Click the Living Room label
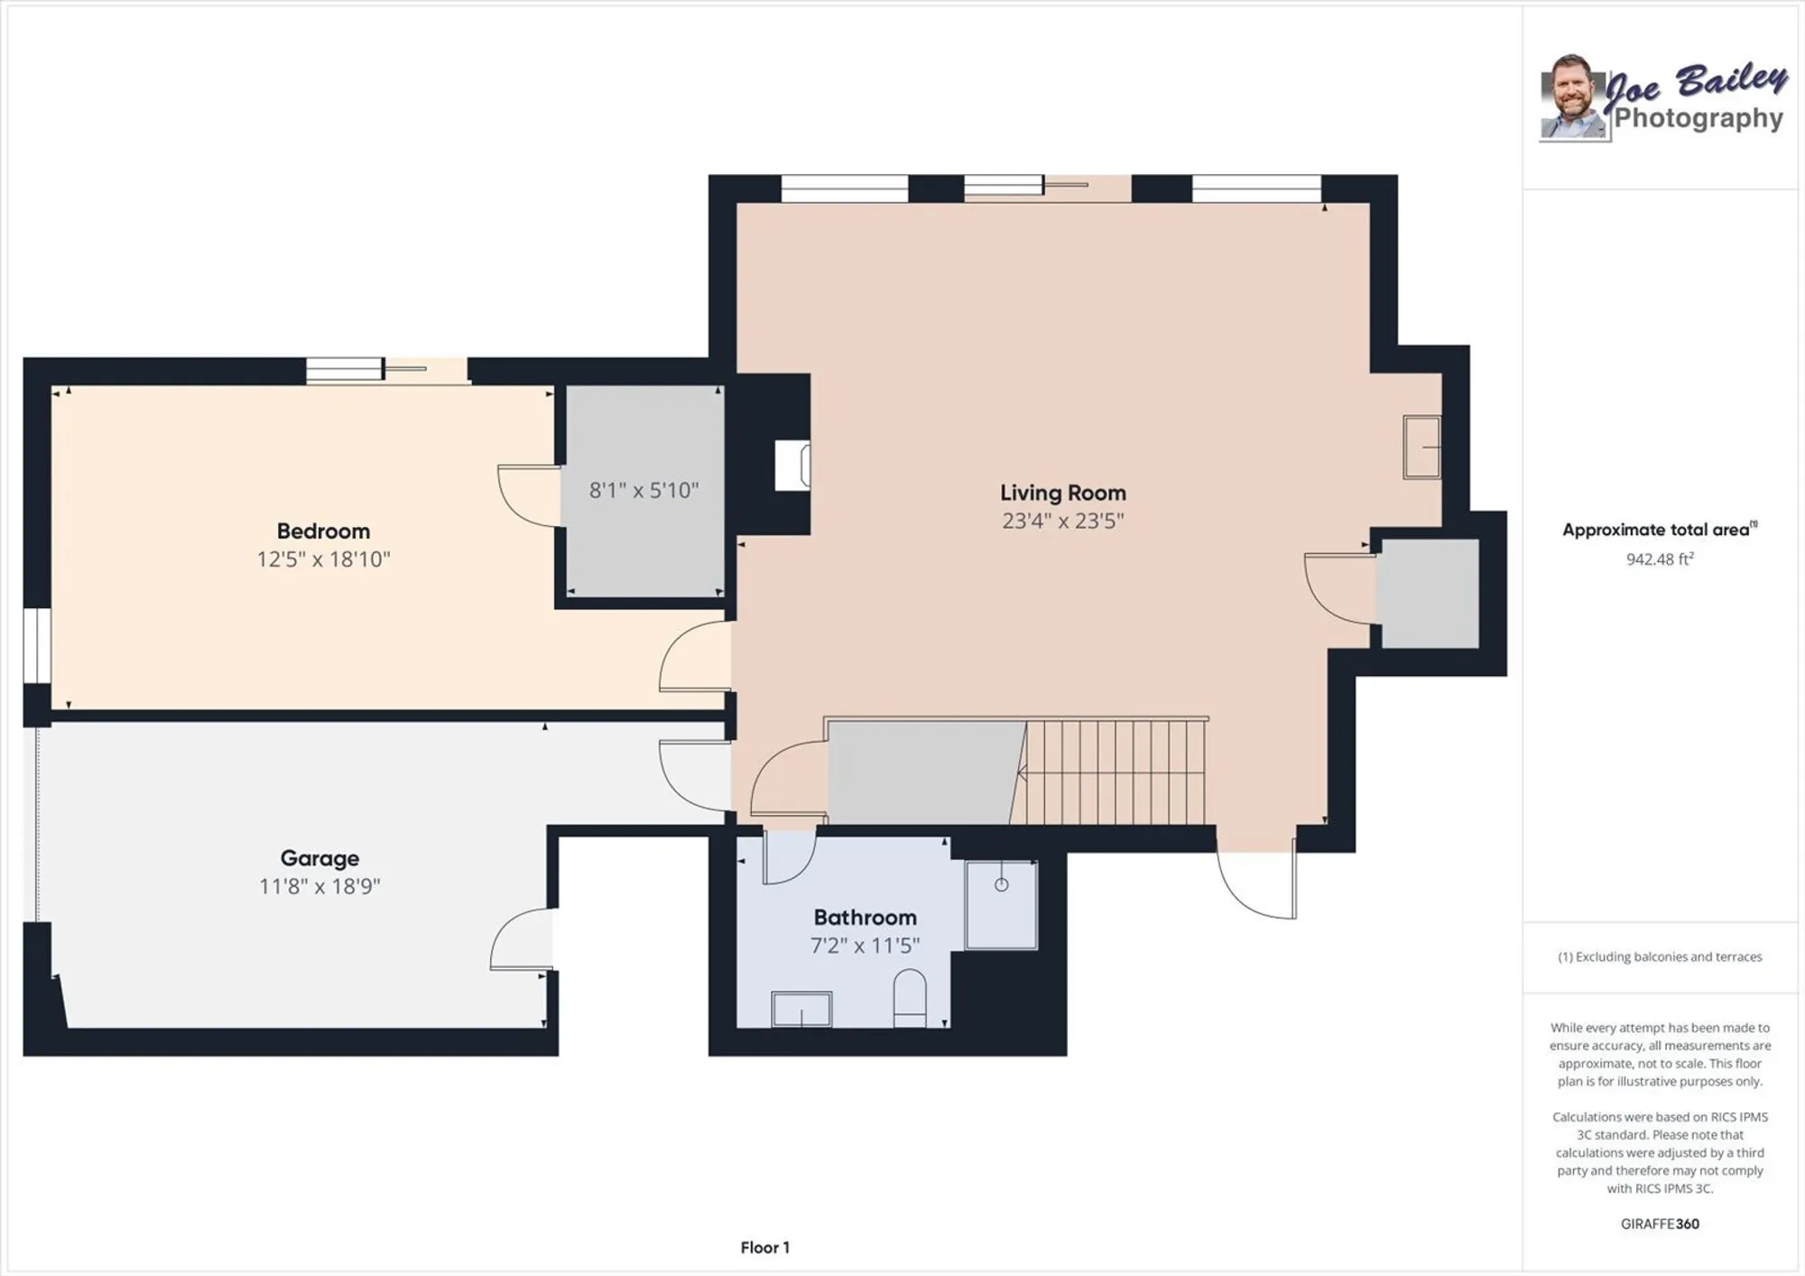(1062, 493)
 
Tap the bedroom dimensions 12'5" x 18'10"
(323, 559)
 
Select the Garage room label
(319, 858)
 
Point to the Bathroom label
(865, 917)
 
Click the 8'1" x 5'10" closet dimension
(643, 490)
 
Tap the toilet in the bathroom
(910, 997)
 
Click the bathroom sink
(801, 1009)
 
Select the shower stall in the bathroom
(1001, 904)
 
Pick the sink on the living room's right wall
(1421, 447)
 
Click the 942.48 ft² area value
(1659, 559)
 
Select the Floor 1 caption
(764, 1247)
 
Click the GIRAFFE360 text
(1659, 1224)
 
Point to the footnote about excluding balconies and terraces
(1659, 957)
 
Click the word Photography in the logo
(1698, 118)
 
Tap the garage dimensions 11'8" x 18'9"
(319, 886)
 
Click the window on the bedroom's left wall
(37, 645)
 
